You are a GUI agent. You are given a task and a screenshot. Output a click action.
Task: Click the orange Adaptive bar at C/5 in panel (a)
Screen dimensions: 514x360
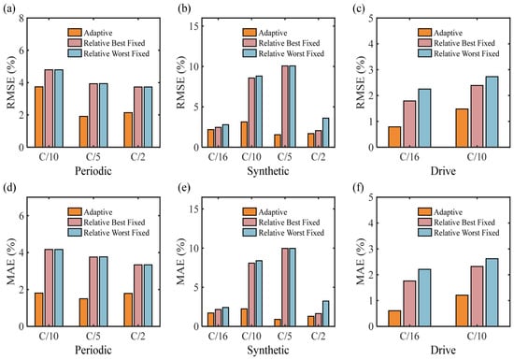(83, 132)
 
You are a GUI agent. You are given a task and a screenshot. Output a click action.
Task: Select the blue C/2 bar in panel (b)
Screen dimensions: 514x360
(325, 133)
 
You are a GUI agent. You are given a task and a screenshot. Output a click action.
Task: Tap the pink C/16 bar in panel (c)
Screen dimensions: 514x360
(409, 123)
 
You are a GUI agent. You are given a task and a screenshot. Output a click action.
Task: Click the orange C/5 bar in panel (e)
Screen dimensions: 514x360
(278, 323)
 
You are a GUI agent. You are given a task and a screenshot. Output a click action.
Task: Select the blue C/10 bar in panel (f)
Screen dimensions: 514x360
(492, 292)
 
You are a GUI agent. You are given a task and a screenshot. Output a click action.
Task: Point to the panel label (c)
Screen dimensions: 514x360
(358, 8)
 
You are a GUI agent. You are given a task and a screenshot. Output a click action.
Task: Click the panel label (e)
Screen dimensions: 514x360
(183, 188)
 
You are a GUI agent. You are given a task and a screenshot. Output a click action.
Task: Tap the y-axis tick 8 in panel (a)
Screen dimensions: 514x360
(21, 19)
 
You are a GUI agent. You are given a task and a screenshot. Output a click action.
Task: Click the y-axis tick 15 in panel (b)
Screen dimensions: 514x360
(193, 26)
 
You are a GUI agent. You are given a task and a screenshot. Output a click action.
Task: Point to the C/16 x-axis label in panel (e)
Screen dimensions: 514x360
(218, 336)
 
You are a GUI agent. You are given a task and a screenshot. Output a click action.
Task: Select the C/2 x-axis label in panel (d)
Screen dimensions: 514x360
(137, 336)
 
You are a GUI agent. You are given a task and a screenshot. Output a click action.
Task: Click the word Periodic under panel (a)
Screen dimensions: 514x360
(93, 171)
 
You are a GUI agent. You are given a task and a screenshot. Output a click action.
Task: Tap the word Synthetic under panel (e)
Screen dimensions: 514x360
(268, 350)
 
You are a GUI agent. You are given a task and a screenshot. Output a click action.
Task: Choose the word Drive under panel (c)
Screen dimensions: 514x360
(443, 171)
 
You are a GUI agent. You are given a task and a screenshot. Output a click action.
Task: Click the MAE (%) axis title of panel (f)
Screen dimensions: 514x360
(361, 261)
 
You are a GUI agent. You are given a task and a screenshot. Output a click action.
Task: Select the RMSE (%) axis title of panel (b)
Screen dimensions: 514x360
(181, 82)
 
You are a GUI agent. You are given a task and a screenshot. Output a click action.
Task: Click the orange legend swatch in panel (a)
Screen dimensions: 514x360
(75, 33)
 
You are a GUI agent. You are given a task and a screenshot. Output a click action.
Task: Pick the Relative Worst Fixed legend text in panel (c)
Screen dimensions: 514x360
(466, 53)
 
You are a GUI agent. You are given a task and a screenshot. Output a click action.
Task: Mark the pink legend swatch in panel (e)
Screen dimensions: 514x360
(250, 223)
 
